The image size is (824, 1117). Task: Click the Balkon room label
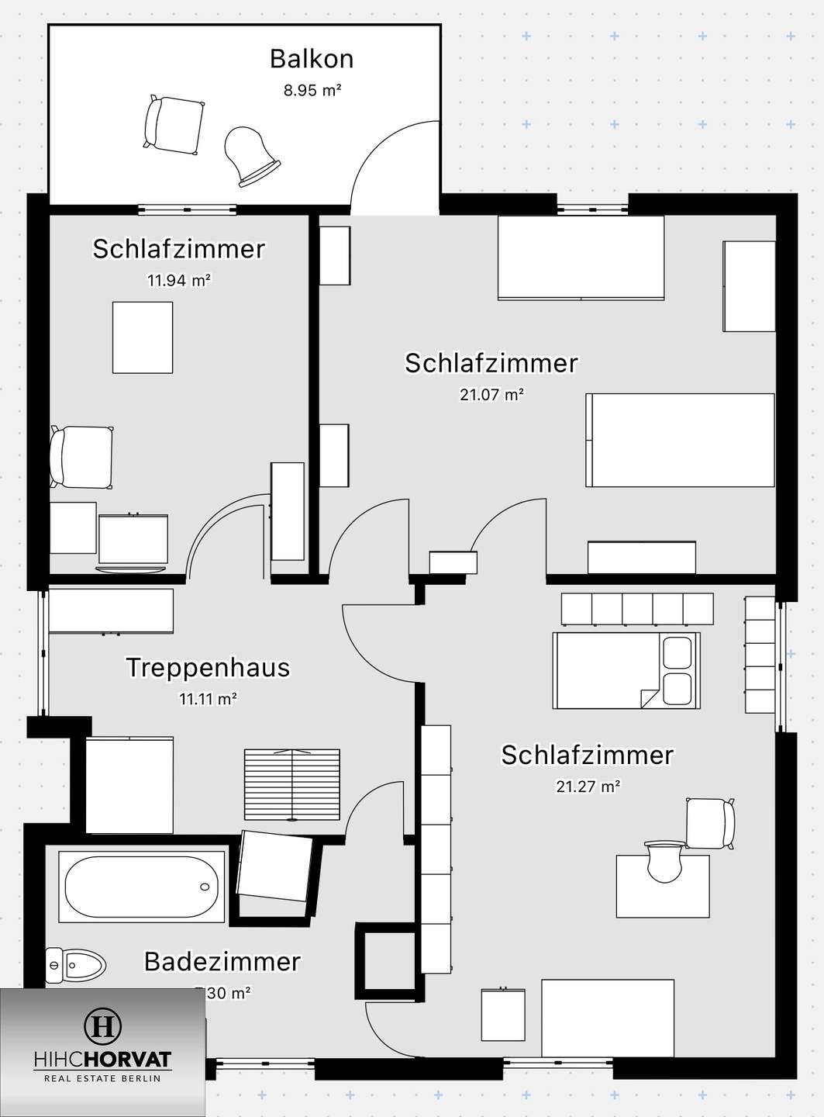[312, 59]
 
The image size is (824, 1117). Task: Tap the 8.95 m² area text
[312, 90]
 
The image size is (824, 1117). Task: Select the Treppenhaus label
[208, 668]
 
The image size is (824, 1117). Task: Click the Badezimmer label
[222, 962]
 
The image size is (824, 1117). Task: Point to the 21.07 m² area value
[491, 395]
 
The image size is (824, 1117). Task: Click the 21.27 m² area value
[588, 787]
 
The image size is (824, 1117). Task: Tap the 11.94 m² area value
[179, 280]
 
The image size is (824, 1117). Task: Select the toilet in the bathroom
[75, 966]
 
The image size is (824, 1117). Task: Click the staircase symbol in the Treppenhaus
[291, 784]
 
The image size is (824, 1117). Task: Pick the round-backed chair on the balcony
[250, 156]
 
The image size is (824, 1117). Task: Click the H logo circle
[102, 1026]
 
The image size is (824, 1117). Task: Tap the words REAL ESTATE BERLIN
[102, 1078]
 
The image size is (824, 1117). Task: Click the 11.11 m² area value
[208, 699]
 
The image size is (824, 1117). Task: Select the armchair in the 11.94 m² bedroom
[81, 457]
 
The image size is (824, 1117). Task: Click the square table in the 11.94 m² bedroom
[143, 337]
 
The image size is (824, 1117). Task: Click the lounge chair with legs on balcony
[174, 124]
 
